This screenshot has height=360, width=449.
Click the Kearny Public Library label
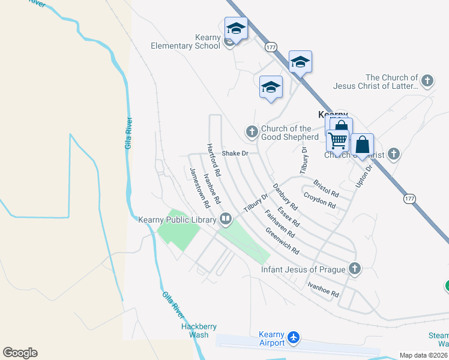(177, 220)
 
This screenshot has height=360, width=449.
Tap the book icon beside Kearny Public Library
(226, 220)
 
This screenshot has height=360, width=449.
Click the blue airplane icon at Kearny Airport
(293, 338)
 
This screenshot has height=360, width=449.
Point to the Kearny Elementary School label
(186, 42)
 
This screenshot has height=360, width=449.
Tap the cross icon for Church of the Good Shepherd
(252, 131)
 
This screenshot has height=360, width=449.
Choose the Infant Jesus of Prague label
(304, 269)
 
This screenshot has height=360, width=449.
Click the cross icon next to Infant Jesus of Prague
(355, 268)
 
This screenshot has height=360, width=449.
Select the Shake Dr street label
(235, 154)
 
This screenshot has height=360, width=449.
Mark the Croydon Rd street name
(319, 200)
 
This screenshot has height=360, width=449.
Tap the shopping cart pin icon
(338, 141)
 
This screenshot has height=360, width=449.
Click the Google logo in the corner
(20, 353)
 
